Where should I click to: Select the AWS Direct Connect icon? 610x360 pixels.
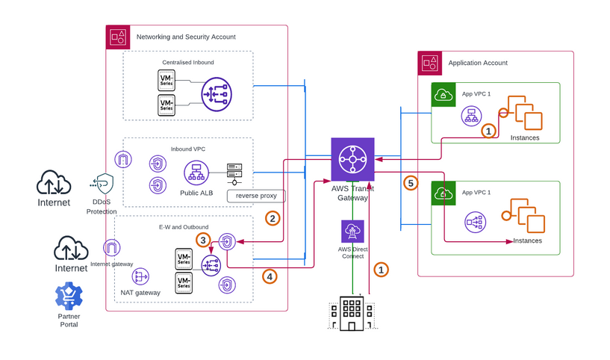click(352, 232)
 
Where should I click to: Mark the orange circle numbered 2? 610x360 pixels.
click(273, 218)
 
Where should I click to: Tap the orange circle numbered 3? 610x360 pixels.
click(202, 240)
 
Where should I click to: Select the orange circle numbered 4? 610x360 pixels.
click(270, 276)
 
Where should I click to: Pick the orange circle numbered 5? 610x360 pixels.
click(409, 182)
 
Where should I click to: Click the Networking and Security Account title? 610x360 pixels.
click(186, 37)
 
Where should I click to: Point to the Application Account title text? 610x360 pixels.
click(478, 63)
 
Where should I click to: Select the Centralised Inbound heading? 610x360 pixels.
click(188, 62)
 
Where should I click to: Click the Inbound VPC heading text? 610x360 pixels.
click(188, 149)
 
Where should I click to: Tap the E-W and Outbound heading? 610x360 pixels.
click(184, 227)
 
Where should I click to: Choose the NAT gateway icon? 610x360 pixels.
click(140, 276)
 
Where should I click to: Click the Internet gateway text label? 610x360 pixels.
click(111, 264)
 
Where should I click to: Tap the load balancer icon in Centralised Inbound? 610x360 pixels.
click(217, 93)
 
